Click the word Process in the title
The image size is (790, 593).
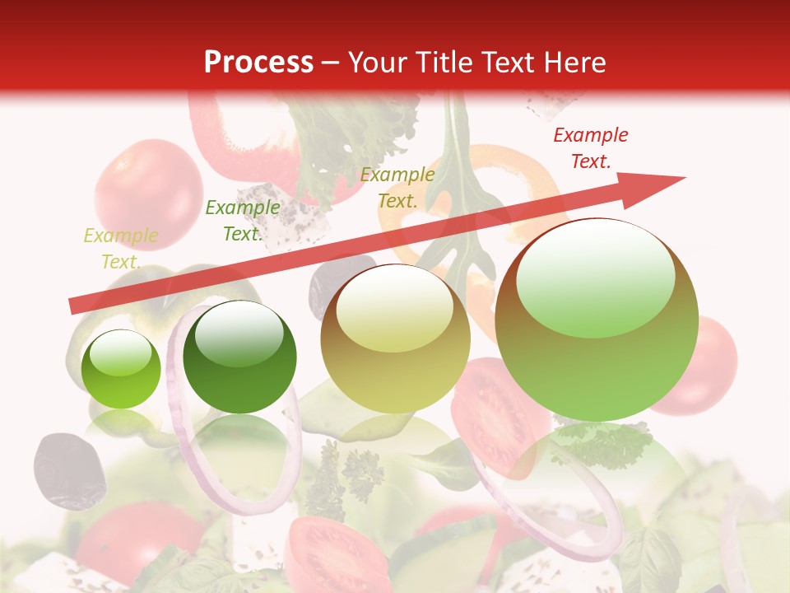click(x=258, y=62)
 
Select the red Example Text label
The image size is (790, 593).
click(x=590, y=148)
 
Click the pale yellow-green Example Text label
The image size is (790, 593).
click(x=120, y=249)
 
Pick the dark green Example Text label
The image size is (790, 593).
click(x=242, y=221)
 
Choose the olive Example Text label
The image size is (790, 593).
click(x=397, y=188)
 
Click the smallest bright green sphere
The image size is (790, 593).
click(x=121, y=370)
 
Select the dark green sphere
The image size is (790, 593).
click(x=239, y=357)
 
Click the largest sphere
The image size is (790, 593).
click(x=596, y=320)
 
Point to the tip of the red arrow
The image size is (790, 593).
click(x=683, y=178)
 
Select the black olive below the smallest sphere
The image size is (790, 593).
click(x=69, y=470)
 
